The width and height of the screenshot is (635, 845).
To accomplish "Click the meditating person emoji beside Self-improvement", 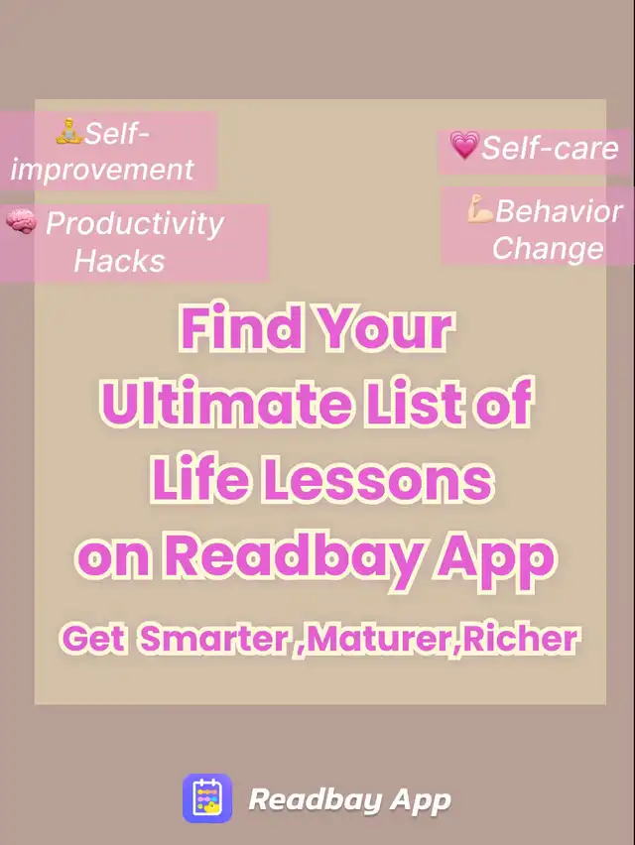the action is pyautogui.click(x=68, y=132).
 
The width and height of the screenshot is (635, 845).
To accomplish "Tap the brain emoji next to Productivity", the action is pyautogui.click(x=22, y=221).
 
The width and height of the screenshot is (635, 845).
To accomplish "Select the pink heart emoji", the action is pyautogui.click(x=464, y=146).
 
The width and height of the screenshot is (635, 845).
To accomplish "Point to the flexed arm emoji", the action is pyautogui.click(x=480, y=209).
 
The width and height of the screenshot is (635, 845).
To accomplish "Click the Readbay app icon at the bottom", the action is pyautogui.click(x=207, y=798).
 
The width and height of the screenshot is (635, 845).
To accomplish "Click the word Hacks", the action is pyautogui.click(x=119, y=261).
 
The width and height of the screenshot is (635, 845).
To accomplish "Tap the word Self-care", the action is pyautogui.click(x=550, y=147).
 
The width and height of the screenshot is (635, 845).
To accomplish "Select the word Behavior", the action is pyautogui.click(x=559, y=210).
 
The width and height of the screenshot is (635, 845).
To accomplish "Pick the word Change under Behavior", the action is pyautogui.click(x=548, y=248).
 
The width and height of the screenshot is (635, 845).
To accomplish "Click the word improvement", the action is pyautogui.click(x=102, y=170).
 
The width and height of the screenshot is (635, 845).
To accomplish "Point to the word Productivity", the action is pyautogui.click(x=134, y=223).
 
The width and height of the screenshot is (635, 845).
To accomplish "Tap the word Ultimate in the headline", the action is pyautogui.click(x=227, y=403).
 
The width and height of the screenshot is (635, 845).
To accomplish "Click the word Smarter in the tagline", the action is pyautogui.click(x=215, y=639).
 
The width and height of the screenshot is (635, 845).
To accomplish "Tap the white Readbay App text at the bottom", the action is pyautogui.click(x=349, y=799).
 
